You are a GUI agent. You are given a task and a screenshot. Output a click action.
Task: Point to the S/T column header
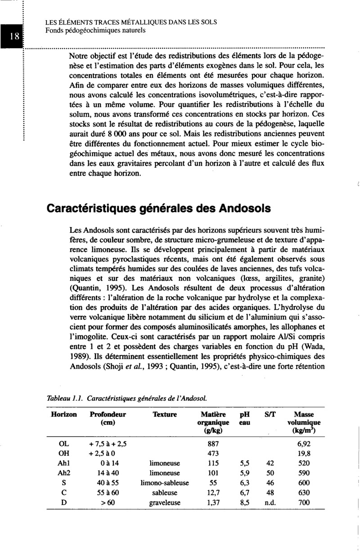pyautogui.click(x=270, y=414)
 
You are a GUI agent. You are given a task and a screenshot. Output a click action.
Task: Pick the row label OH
pyautogui.click(x=63, y=453)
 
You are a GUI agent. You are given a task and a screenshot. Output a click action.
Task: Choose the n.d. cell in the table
pyautogui.click(x=270, y=503)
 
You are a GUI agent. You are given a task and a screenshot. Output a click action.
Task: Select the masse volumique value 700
pyautogui.click(x=304, y=503)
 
